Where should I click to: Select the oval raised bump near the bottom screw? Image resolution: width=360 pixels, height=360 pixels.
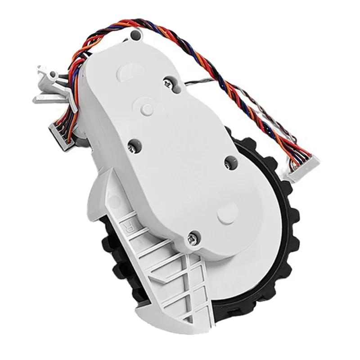(227, 211)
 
